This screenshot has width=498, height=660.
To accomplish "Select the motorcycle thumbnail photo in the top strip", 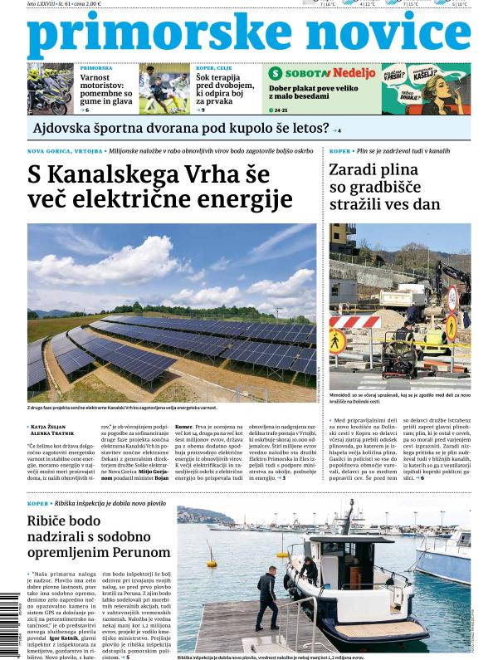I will coord(51,89).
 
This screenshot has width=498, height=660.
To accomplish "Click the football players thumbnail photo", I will coord(164,89).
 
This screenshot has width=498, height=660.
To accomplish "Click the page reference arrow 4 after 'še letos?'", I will coord(336,130).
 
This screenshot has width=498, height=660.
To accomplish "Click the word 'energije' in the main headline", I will coord(246,199).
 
